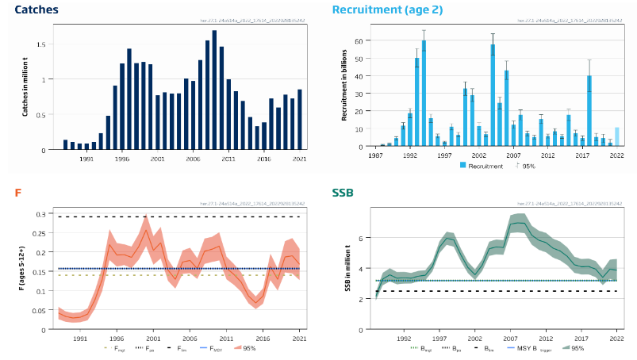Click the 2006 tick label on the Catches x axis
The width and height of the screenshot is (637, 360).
(193, 159)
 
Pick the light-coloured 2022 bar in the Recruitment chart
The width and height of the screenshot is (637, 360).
(616, 136)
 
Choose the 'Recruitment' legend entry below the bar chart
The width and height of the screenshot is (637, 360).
(480, 166)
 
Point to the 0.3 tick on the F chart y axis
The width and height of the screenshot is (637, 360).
(40, 214)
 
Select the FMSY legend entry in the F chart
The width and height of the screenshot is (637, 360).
(215, 347)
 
